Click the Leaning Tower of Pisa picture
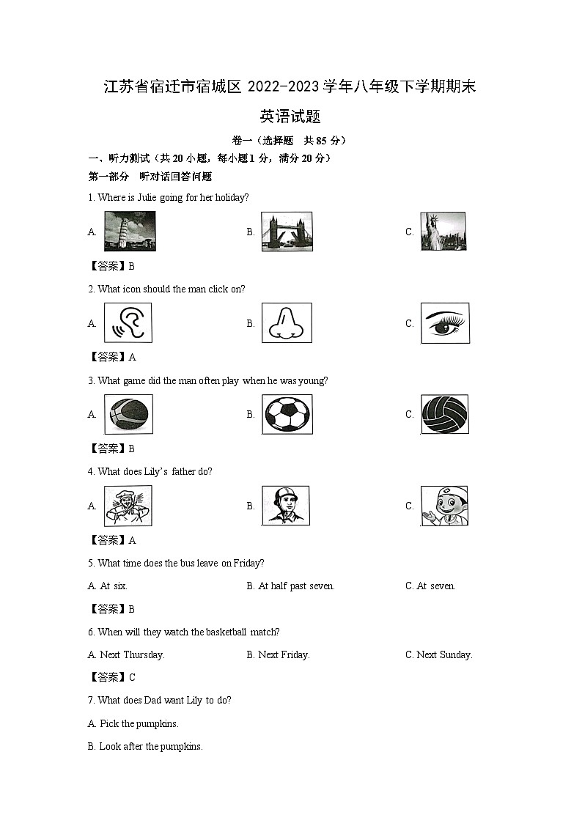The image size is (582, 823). (130, 232)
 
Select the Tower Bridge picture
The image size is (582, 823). (287, 232)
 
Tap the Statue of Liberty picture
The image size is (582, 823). (443, 232)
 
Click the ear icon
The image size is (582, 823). (128, 323)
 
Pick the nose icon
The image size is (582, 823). (287, 323)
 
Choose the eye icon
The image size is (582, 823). (445, 323)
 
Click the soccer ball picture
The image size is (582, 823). (287, 414)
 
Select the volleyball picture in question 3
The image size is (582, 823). (445, 414)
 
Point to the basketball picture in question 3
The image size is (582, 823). (128, 414)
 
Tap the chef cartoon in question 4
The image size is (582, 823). (128, 506)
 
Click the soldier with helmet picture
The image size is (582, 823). (286, 506)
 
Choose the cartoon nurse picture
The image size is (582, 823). (444, 506)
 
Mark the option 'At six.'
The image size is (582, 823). (113, 586)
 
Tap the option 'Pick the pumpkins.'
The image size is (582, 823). (139, 723)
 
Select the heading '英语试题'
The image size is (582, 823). (290, 117)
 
